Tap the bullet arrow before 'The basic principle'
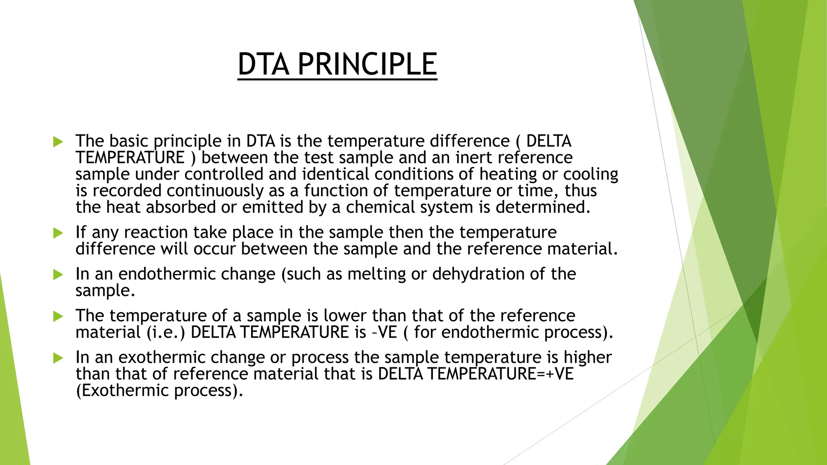click(x=58, y=142)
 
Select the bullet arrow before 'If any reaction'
click(x=58, y=233)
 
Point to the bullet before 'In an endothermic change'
click(x=58, y=275)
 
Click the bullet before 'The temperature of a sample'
click(x=58, y=316)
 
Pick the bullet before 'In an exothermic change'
click(x=58, y=358)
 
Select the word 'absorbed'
click(x=181, y=207)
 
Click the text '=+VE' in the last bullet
click(x=556, y=374)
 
